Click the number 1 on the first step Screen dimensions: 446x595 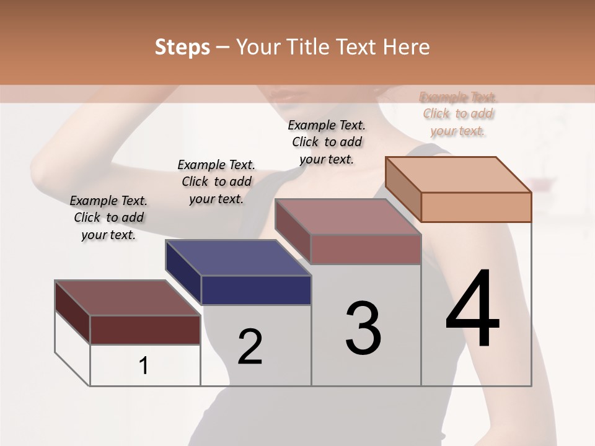144,365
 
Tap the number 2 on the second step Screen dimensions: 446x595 250,346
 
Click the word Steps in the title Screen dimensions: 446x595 182,47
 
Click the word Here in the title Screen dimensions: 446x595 407,47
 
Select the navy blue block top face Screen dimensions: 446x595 238,257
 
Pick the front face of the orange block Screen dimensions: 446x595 476,207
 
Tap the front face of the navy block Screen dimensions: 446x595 256,290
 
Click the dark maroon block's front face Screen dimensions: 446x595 145,330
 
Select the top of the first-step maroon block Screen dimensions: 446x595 127,297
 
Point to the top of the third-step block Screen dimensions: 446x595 348,217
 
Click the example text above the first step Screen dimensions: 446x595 108,217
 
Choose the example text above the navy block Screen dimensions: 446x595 216,181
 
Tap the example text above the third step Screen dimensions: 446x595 327,142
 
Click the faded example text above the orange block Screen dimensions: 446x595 458,114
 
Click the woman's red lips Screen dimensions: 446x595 292,96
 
